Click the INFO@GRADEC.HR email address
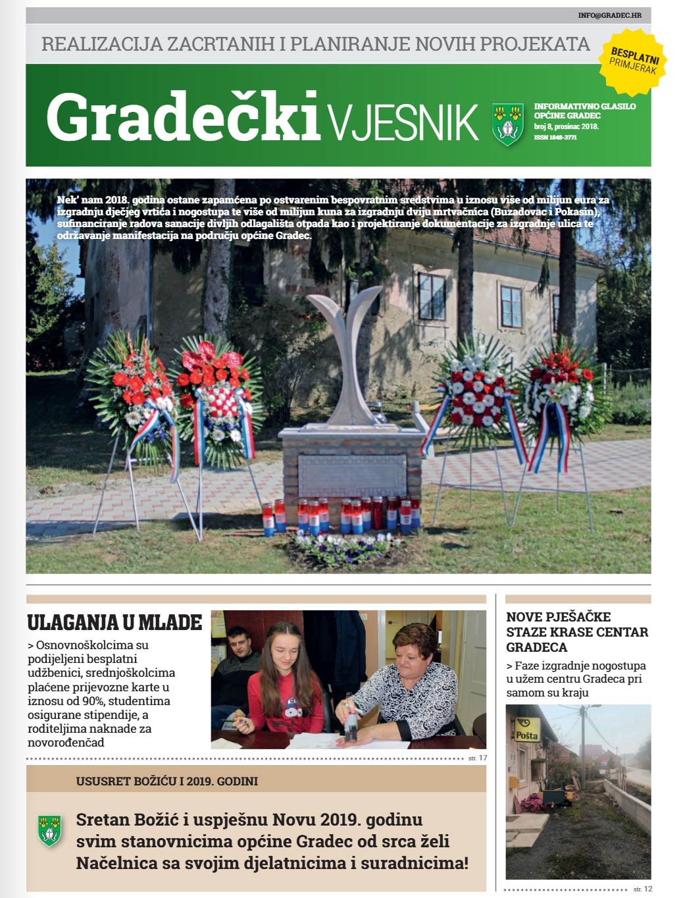pos(609,15)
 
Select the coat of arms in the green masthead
pos(508,123)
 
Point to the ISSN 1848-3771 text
pos(555,138)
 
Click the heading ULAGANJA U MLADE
pos(114,623)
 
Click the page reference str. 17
pos(478,758)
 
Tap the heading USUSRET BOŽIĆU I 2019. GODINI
pos(167,781)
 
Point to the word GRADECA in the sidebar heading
pos(537,647)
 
